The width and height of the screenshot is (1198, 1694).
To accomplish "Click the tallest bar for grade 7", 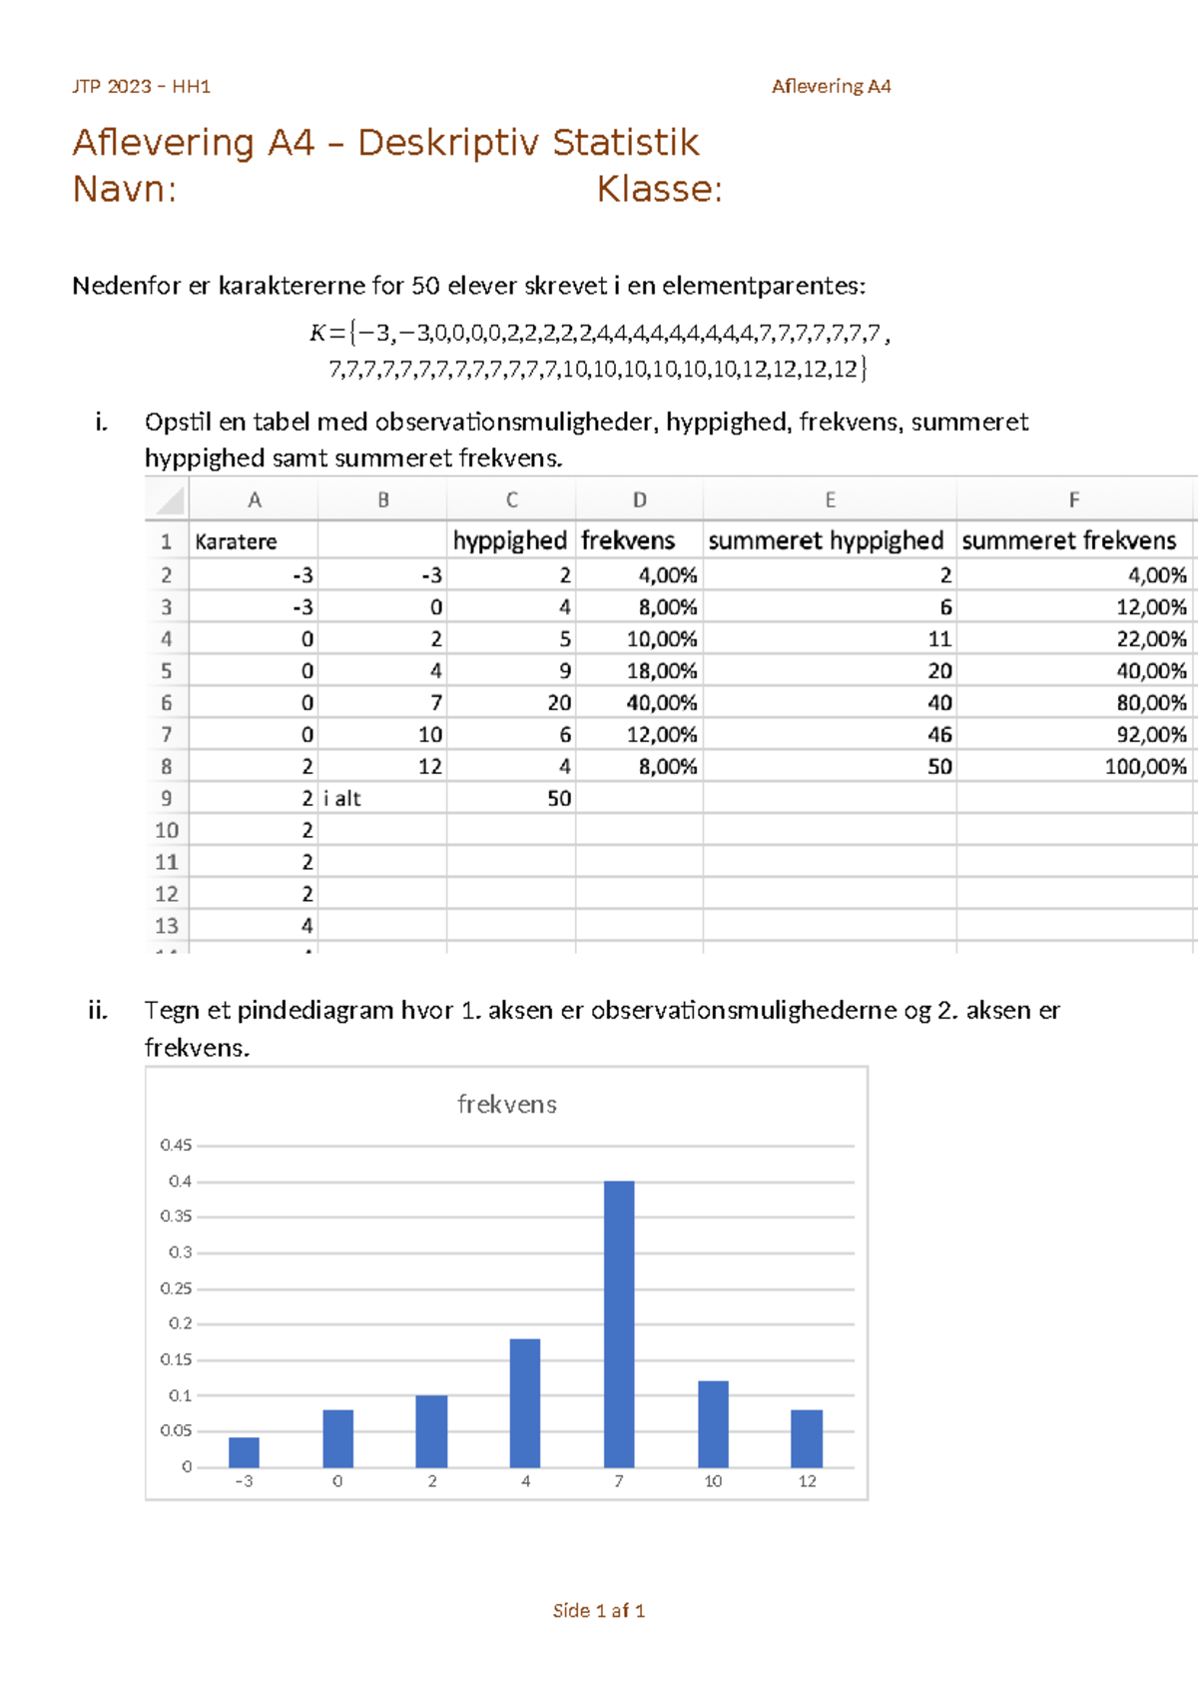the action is tap(619, 1323).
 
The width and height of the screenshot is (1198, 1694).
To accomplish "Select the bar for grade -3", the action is tap(244, 1452).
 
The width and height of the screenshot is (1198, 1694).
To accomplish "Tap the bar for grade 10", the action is tap(713, 1423).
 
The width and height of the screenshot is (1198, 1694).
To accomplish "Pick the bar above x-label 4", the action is tap(525, 1402).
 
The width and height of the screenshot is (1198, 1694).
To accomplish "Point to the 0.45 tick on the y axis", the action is tap(176, 1146).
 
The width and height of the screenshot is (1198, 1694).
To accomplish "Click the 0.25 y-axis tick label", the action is tap(176, 1288).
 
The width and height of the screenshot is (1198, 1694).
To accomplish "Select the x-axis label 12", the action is tap(807, 1481).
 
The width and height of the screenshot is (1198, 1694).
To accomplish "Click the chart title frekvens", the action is tap(506, 1105).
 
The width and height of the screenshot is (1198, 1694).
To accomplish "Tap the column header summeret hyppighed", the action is tap(826, 540).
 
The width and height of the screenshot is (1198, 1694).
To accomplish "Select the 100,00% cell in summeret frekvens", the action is tap(1145, 767).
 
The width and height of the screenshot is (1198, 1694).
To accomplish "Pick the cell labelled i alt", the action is tap(342, 799).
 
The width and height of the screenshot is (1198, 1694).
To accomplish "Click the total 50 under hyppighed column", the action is tap(559, 799).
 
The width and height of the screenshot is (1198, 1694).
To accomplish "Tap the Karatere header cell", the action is tap(237, 541).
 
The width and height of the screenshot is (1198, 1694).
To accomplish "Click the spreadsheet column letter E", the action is tap(830, 499).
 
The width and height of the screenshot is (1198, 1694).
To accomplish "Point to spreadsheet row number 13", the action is tap(166, 926).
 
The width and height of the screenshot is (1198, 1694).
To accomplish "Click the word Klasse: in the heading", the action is tap(659, 189).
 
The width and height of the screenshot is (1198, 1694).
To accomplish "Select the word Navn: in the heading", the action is tap(125, 189).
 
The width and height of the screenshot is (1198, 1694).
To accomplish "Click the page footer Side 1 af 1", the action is tap(598, 1610).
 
